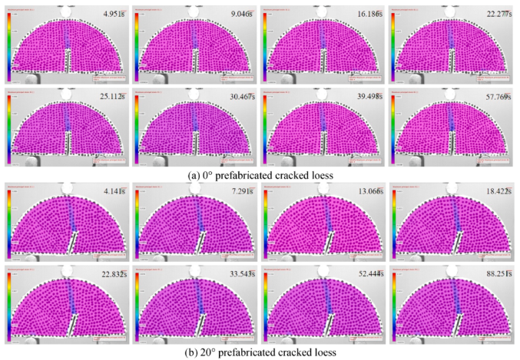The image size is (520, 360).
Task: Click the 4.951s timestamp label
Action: (x=109, y=14)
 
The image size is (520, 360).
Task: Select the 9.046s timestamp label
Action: (x=237, y=14)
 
